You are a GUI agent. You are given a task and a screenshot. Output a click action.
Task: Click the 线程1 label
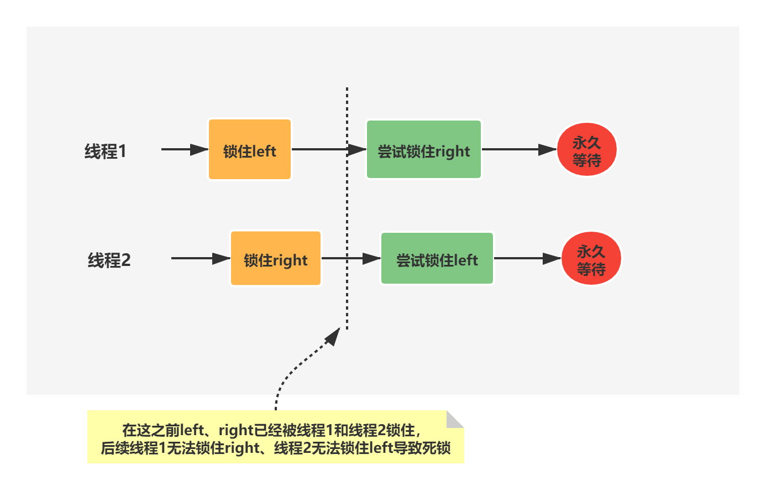pos(106,151)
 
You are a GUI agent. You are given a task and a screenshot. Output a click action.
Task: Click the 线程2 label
pos(109,260)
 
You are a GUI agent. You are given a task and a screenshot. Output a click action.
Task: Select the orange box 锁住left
pos(250,150)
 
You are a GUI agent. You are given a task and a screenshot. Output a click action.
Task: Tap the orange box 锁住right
pos(276,259)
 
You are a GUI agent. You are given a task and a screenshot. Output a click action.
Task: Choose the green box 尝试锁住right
pos(424,150)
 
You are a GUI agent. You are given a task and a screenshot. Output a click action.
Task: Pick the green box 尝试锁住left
pos(437,259)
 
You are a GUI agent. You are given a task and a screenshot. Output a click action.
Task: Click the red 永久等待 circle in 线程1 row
pos(586,150)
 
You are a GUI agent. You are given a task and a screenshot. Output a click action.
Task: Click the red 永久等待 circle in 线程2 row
pos(591,259)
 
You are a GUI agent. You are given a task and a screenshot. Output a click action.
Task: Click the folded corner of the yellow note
pos(455,419)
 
